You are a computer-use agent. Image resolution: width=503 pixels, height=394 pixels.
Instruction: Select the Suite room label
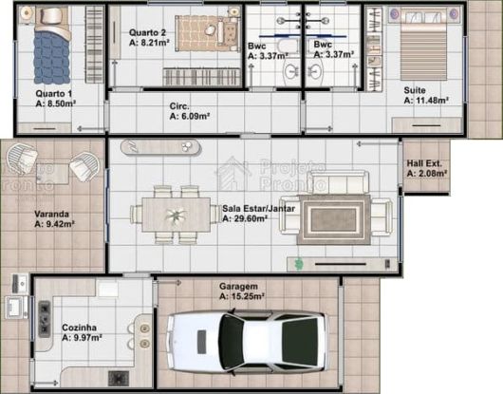pos(415,89)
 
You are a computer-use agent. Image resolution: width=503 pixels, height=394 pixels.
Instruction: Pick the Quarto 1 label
pos(53,94)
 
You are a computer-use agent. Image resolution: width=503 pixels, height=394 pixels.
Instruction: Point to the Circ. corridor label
pos(179,105)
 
